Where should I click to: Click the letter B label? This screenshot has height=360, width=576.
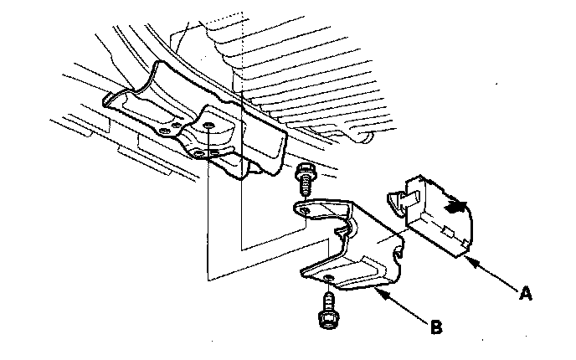436,326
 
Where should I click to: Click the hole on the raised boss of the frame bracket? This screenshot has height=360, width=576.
205,126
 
